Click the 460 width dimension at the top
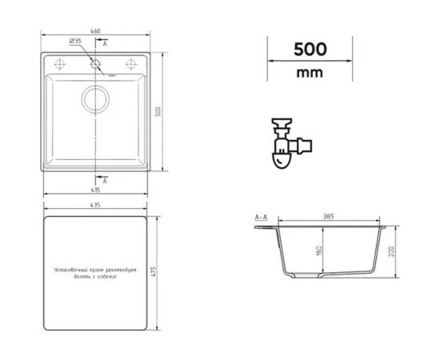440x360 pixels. (x=96, y=31)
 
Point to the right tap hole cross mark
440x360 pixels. (x=130, y=63)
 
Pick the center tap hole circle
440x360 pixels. (x=96, y=63)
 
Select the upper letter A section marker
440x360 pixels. (x=105, y=41)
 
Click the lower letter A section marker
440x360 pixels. (x=105, y=182)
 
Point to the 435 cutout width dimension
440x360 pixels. (x=96, y=206)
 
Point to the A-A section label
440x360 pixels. (x=261, y=217)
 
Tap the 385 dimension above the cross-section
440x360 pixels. (x=328, y=217)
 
